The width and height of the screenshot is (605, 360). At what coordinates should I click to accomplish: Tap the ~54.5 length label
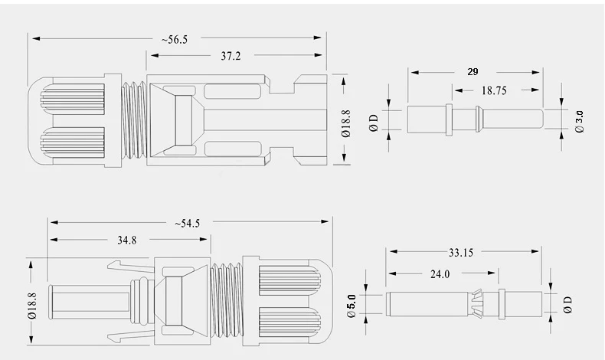tap(188, 223)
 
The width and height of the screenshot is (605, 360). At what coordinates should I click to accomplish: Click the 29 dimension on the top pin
tap(473, 71)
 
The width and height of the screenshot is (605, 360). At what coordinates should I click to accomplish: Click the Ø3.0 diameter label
tap(579, 121)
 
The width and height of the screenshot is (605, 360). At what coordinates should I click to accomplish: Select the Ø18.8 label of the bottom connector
tap(31, 303)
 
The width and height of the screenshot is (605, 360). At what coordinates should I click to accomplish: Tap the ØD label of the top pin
tap(374, 121)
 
